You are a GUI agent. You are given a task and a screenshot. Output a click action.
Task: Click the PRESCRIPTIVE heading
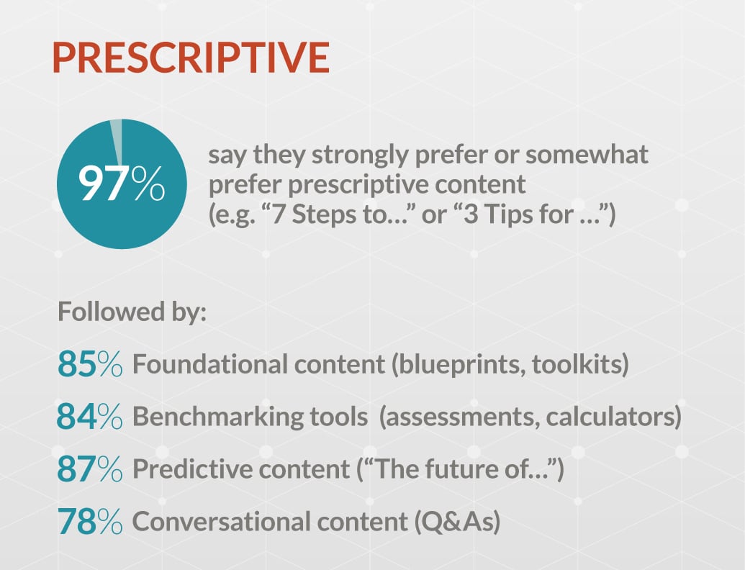[x=191, y=58]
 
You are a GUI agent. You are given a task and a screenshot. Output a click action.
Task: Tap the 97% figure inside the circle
[x=122, y=184]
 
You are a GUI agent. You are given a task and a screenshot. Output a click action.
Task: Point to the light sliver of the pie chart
[x=117, y=141]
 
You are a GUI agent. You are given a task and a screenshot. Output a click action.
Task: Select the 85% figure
[x=90, y=364]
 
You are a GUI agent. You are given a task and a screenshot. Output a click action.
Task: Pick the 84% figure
[x=90, y=416]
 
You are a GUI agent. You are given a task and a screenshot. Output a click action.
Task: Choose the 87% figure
[x=90, y=469]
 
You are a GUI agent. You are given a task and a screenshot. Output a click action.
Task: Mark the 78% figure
[x=90, y=521]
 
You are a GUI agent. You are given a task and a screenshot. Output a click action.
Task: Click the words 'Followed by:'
[x=132, y=312]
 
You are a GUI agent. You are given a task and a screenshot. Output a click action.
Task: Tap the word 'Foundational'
[x=210, y=364]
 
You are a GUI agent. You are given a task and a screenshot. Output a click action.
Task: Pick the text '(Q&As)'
[x=457, y=522]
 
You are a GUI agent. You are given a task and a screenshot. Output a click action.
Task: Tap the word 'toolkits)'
[x=580, y=365]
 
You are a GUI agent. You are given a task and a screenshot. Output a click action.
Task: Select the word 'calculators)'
[x=613, y=417]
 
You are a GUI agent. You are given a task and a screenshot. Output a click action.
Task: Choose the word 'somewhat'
[x=587, y=155]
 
